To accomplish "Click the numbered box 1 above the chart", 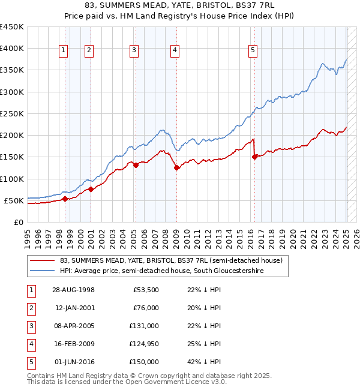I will pos(64,51).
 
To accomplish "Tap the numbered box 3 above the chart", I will pos(134,51).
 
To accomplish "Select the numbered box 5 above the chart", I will pos(253,51).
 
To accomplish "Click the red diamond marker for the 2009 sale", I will pos(176,168).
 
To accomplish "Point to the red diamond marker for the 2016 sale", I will pos(254,157).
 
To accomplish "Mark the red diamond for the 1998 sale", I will pos(65,199).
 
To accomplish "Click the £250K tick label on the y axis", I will pos(11,113).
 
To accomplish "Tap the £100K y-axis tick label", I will pos(11,179).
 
